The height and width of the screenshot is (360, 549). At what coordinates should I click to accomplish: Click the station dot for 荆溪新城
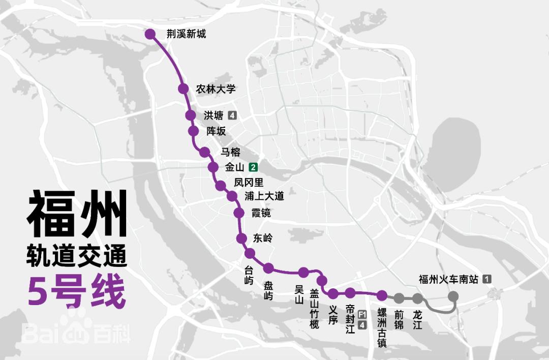pyautogui.click(x=150, y=34)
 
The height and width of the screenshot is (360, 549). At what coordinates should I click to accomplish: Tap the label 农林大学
pyautogui.click(x=216, y=89)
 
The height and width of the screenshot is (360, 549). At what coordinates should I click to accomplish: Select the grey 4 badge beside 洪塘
pyautogui.click(x=233, y=115)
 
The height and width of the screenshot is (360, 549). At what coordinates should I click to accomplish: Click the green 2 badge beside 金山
pyautogui.click(x=253, y=167)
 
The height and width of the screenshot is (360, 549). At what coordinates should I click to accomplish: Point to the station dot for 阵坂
pyautogui.click(x=193, y=131)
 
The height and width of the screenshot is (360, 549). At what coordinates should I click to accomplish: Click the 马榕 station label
pyautogui.click(x=230, y=152)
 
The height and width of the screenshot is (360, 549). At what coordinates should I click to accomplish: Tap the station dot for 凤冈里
pyautogui.click(x=220, y=186)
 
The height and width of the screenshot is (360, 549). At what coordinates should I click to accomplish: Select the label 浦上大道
pyautogui.click(x=264, y=196)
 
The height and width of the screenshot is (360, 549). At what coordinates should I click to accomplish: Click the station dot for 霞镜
pyautogui.click(x=239, y=213)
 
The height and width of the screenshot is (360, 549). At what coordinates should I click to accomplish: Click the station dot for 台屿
pyautogui.click(x=250, y=253)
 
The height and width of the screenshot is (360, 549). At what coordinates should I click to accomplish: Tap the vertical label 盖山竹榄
pyautogui.click(x=315, y=308)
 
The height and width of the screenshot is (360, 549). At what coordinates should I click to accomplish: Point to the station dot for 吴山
pyautogui.click(x=303, y=272)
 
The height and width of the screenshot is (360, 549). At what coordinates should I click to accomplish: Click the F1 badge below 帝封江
pyautogui.click(x=362, y=314)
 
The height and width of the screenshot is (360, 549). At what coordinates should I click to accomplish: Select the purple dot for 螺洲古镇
pyautogui.click(x=382, y=295)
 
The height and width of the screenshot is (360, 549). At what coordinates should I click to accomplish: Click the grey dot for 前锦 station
pyautogui.click(x=399, y=298)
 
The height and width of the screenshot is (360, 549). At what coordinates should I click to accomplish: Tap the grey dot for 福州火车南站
pyautogui.click(x=453, y=296)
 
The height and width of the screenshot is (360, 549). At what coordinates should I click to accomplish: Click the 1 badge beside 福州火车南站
pyautogui.click(x=487, y=279)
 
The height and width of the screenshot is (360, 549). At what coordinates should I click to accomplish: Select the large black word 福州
pyautogui.click(x=76, y=214)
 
